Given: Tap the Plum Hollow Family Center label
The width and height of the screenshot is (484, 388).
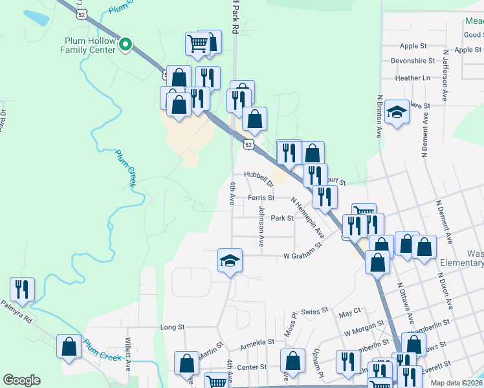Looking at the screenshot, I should tap(90, 45).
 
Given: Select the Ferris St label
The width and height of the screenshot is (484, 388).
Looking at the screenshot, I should tap(261, 198).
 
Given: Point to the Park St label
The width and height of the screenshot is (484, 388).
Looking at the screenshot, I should tap(282, 218).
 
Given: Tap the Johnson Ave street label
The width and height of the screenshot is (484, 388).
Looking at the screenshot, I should tap(261, 226).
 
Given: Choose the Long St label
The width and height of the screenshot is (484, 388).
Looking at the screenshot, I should tap(173, 327).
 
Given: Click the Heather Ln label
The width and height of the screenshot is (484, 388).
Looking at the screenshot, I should tap(412, 78).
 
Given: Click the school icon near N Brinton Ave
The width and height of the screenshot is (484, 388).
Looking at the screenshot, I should tap(396, 113).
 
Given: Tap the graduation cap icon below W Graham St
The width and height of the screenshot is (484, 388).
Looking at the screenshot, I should tap(230, 261).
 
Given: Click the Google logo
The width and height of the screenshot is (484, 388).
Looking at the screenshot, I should tap(21, 380).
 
